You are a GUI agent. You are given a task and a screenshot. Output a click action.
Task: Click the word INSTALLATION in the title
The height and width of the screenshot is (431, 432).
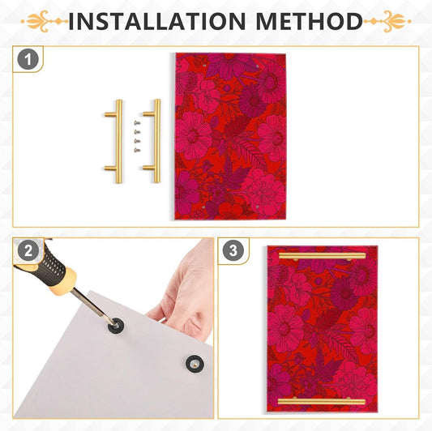point(157,21)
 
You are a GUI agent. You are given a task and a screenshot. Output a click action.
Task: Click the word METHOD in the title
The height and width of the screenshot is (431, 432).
point(309,21)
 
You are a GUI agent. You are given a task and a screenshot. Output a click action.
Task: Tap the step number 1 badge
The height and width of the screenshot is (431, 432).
point(28,59)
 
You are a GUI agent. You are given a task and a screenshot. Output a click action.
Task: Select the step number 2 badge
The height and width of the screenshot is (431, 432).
point(28,251)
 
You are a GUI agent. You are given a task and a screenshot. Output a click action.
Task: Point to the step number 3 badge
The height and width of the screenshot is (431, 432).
point(233,250)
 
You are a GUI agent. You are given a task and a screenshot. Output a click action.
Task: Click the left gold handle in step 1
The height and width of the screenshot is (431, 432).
point(118,141)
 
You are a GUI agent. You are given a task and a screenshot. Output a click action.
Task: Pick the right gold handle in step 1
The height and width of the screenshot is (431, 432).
point(156,141)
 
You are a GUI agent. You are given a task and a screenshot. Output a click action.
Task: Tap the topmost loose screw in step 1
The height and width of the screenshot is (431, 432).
point(137,123)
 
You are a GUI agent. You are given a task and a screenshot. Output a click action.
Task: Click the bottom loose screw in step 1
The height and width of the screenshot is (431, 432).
point(137,150)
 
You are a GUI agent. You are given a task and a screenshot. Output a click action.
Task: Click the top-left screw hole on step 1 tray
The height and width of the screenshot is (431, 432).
point(204,66)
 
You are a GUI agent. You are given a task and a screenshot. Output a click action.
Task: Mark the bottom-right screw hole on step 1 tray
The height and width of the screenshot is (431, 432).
point(257,207)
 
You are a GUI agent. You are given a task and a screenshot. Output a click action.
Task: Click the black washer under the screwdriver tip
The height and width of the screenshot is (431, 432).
point(116,326)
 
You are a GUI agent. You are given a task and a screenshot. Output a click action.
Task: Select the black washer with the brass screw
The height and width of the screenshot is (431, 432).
point(195,364)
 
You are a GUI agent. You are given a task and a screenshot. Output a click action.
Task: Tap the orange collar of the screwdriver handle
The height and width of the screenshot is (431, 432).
point(64,282)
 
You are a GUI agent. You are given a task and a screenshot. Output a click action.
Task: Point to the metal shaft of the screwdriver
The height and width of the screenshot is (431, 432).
point(93,306)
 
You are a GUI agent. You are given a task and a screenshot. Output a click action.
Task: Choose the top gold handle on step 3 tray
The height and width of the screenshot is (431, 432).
point(322,256)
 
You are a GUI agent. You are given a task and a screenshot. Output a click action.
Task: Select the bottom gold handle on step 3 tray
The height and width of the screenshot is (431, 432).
point(322,401)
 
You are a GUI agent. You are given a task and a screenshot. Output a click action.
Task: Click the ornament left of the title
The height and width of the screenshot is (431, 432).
point(45,21)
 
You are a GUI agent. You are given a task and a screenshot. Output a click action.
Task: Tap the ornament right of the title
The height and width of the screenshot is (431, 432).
point(387,21)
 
